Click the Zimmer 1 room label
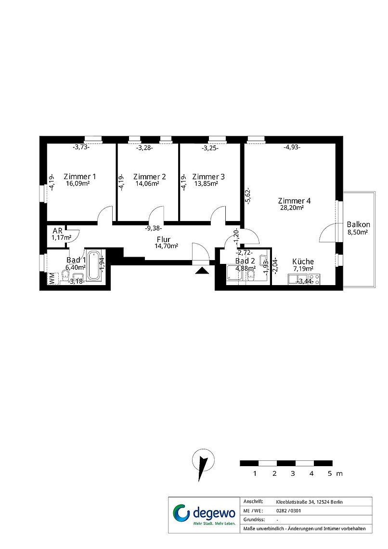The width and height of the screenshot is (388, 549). pos(80,177)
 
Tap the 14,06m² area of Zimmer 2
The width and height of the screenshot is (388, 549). pos(147,183)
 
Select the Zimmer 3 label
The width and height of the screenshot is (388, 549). pos(208,177)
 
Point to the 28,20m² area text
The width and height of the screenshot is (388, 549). pos(292,207)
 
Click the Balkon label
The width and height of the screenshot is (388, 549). pos(359,224)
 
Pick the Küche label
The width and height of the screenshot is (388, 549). pos(303,261)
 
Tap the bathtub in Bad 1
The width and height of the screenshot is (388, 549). pos(94,265)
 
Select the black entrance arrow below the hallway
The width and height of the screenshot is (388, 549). pos(201,270)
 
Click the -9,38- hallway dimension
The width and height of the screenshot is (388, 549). pos(154,228)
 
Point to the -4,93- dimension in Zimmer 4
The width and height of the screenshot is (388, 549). pos(292,147)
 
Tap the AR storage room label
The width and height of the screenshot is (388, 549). pos(58,231)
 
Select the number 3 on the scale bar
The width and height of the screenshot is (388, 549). pos(293,474)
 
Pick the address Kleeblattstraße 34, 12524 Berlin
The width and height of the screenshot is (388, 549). pos(309,502)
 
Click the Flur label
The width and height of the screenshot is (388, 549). pos(164,239)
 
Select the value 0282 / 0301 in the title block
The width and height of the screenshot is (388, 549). pos(289,511)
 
